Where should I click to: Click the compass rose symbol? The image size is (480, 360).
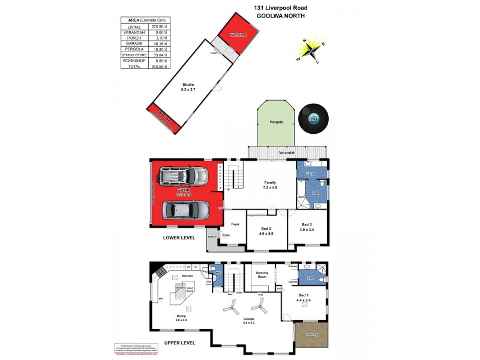click(x=310, y=50)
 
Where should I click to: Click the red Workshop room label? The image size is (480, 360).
click(x=238, y=35)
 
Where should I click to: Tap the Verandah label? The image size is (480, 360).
click(x=287, y=153)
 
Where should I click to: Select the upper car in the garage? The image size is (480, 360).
click(x=183, y=176)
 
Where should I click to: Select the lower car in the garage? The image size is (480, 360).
click(x=185, y=210)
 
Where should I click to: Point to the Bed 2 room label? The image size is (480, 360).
click(x=267, y=231)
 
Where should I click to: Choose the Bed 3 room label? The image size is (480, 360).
click(x=306, y=227)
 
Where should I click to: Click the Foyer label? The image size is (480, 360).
click(x=235, y=224)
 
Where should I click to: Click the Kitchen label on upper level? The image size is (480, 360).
click(x=187, y=277)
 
